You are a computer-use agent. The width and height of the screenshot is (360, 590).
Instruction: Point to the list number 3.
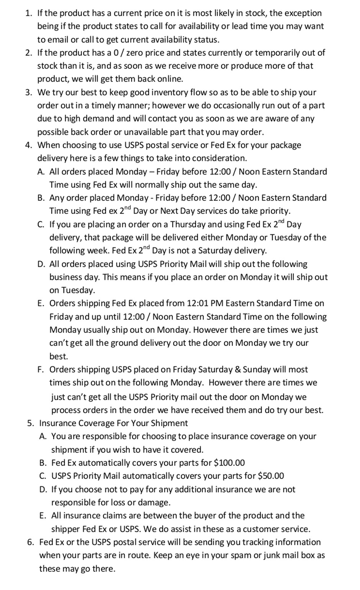coord(28,92)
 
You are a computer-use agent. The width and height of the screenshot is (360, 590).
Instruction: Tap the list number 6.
coord(30,542)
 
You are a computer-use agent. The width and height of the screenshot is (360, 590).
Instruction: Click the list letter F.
coord(40,369)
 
